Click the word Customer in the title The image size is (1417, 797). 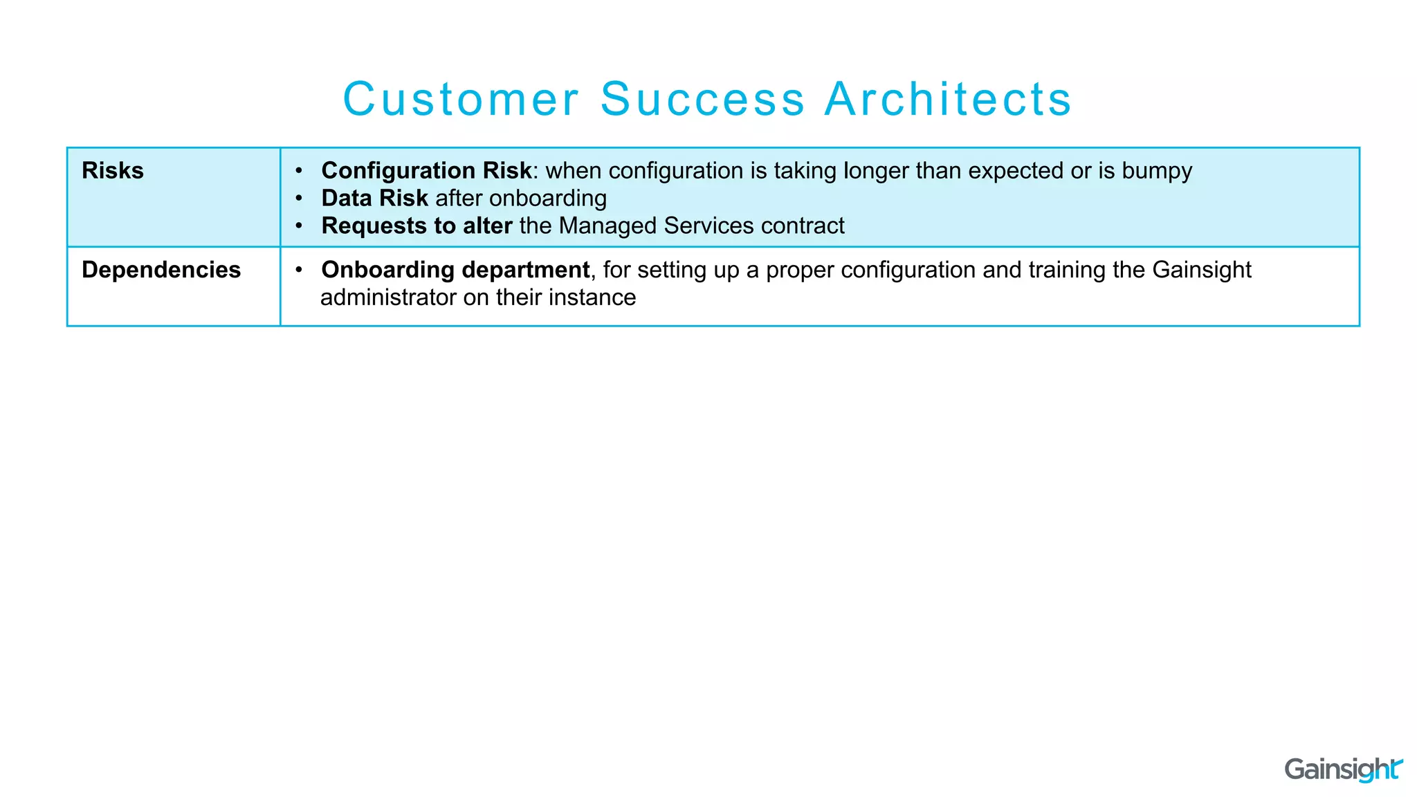(x=460, y=99)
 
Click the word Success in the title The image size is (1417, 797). (x=702, y=99)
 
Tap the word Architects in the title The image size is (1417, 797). (x=948, y=99)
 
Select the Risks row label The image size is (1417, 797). (x=113, y=171)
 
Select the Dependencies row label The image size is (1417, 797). (x=161, y=270)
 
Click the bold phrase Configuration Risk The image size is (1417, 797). (x=426, y=171)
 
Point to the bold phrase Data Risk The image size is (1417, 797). (x=374, y=199)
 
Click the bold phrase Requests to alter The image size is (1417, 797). (x=417, y=226)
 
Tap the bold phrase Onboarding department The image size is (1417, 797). (x=455, y=270)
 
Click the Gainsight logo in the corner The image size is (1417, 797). (x=1342, y=769)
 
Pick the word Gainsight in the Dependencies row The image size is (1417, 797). (x=1202, y=270)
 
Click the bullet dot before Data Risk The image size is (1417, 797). (x=299, y=199)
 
